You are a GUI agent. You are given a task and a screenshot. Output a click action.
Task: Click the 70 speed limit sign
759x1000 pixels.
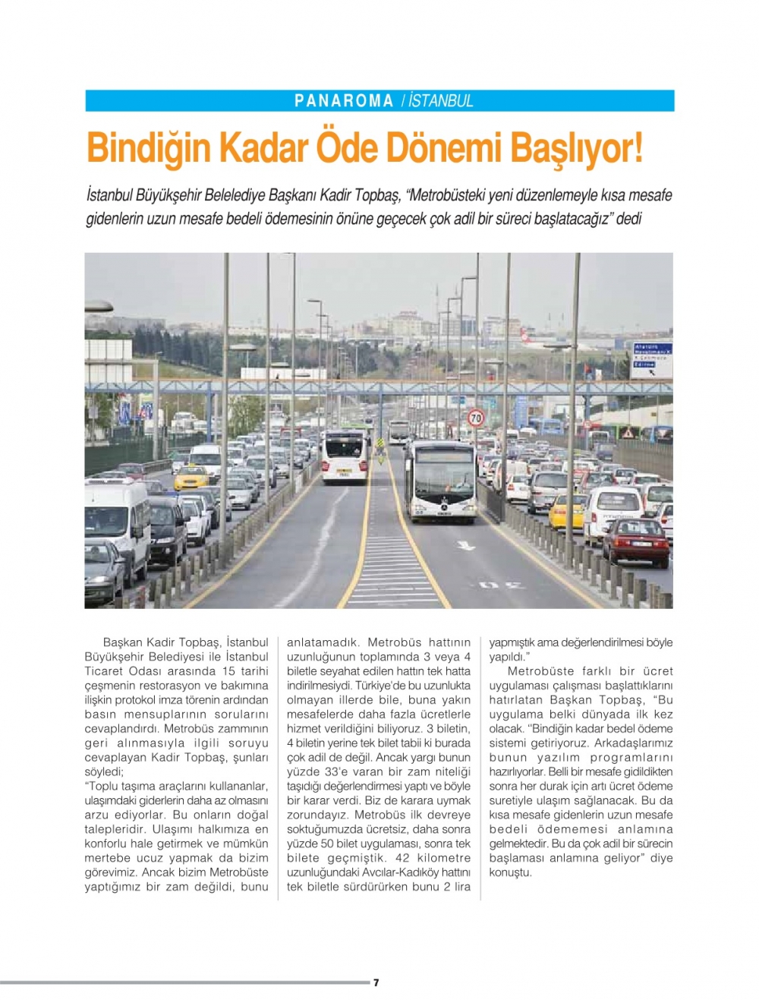point(476,418)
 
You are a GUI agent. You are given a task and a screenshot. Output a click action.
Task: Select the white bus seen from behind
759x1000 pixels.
point(345,456)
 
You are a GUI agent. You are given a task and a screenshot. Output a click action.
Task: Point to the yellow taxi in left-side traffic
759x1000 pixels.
point(191,478)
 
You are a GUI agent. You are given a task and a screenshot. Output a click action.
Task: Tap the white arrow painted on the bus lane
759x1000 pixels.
point(465,545)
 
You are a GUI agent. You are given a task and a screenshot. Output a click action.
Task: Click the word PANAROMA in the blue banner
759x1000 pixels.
point(344,101)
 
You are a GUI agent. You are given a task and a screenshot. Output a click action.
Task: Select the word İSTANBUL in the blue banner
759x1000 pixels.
point(441,101)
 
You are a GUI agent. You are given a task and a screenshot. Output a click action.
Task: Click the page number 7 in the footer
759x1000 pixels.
point(376,983)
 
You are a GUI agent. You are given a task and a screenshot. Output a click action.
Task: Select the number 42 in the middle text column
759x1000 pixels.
point(403,858)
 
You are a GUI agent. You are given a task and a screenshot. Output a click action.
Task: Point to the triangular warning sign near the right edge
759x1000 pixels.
point(628,433)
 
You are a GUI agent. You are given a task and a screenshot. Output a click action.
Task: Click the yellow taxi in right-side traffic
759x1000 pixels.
point(568,511)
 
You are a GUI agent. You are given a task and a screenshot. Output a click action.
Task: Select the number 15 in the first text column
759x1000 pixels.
point(228,671)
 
